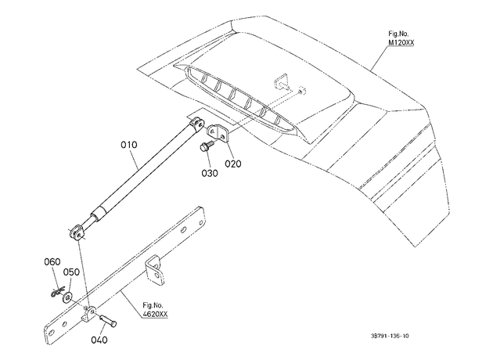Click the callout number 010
pos(129,145)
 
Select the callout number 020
pos(233,164)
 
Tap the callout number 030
pos(210,173)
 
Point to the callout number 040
pos(99,340)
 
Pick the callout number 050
pos(71,272)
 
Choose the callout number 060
pos(52,262)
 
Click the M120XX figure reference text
pos(401,42)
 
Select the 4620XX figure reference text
pos(155,314)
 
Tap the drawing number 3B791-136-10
pos(390,336)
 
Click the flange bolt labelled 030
pos(207,146)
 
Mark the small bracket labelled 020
pos(218,132)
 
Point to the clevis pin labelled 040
pos(108,321)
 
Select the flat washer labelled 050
pos(67,297)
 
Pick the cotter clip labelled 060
pos(57,292)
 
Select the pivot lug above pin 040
pos(89,314)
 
